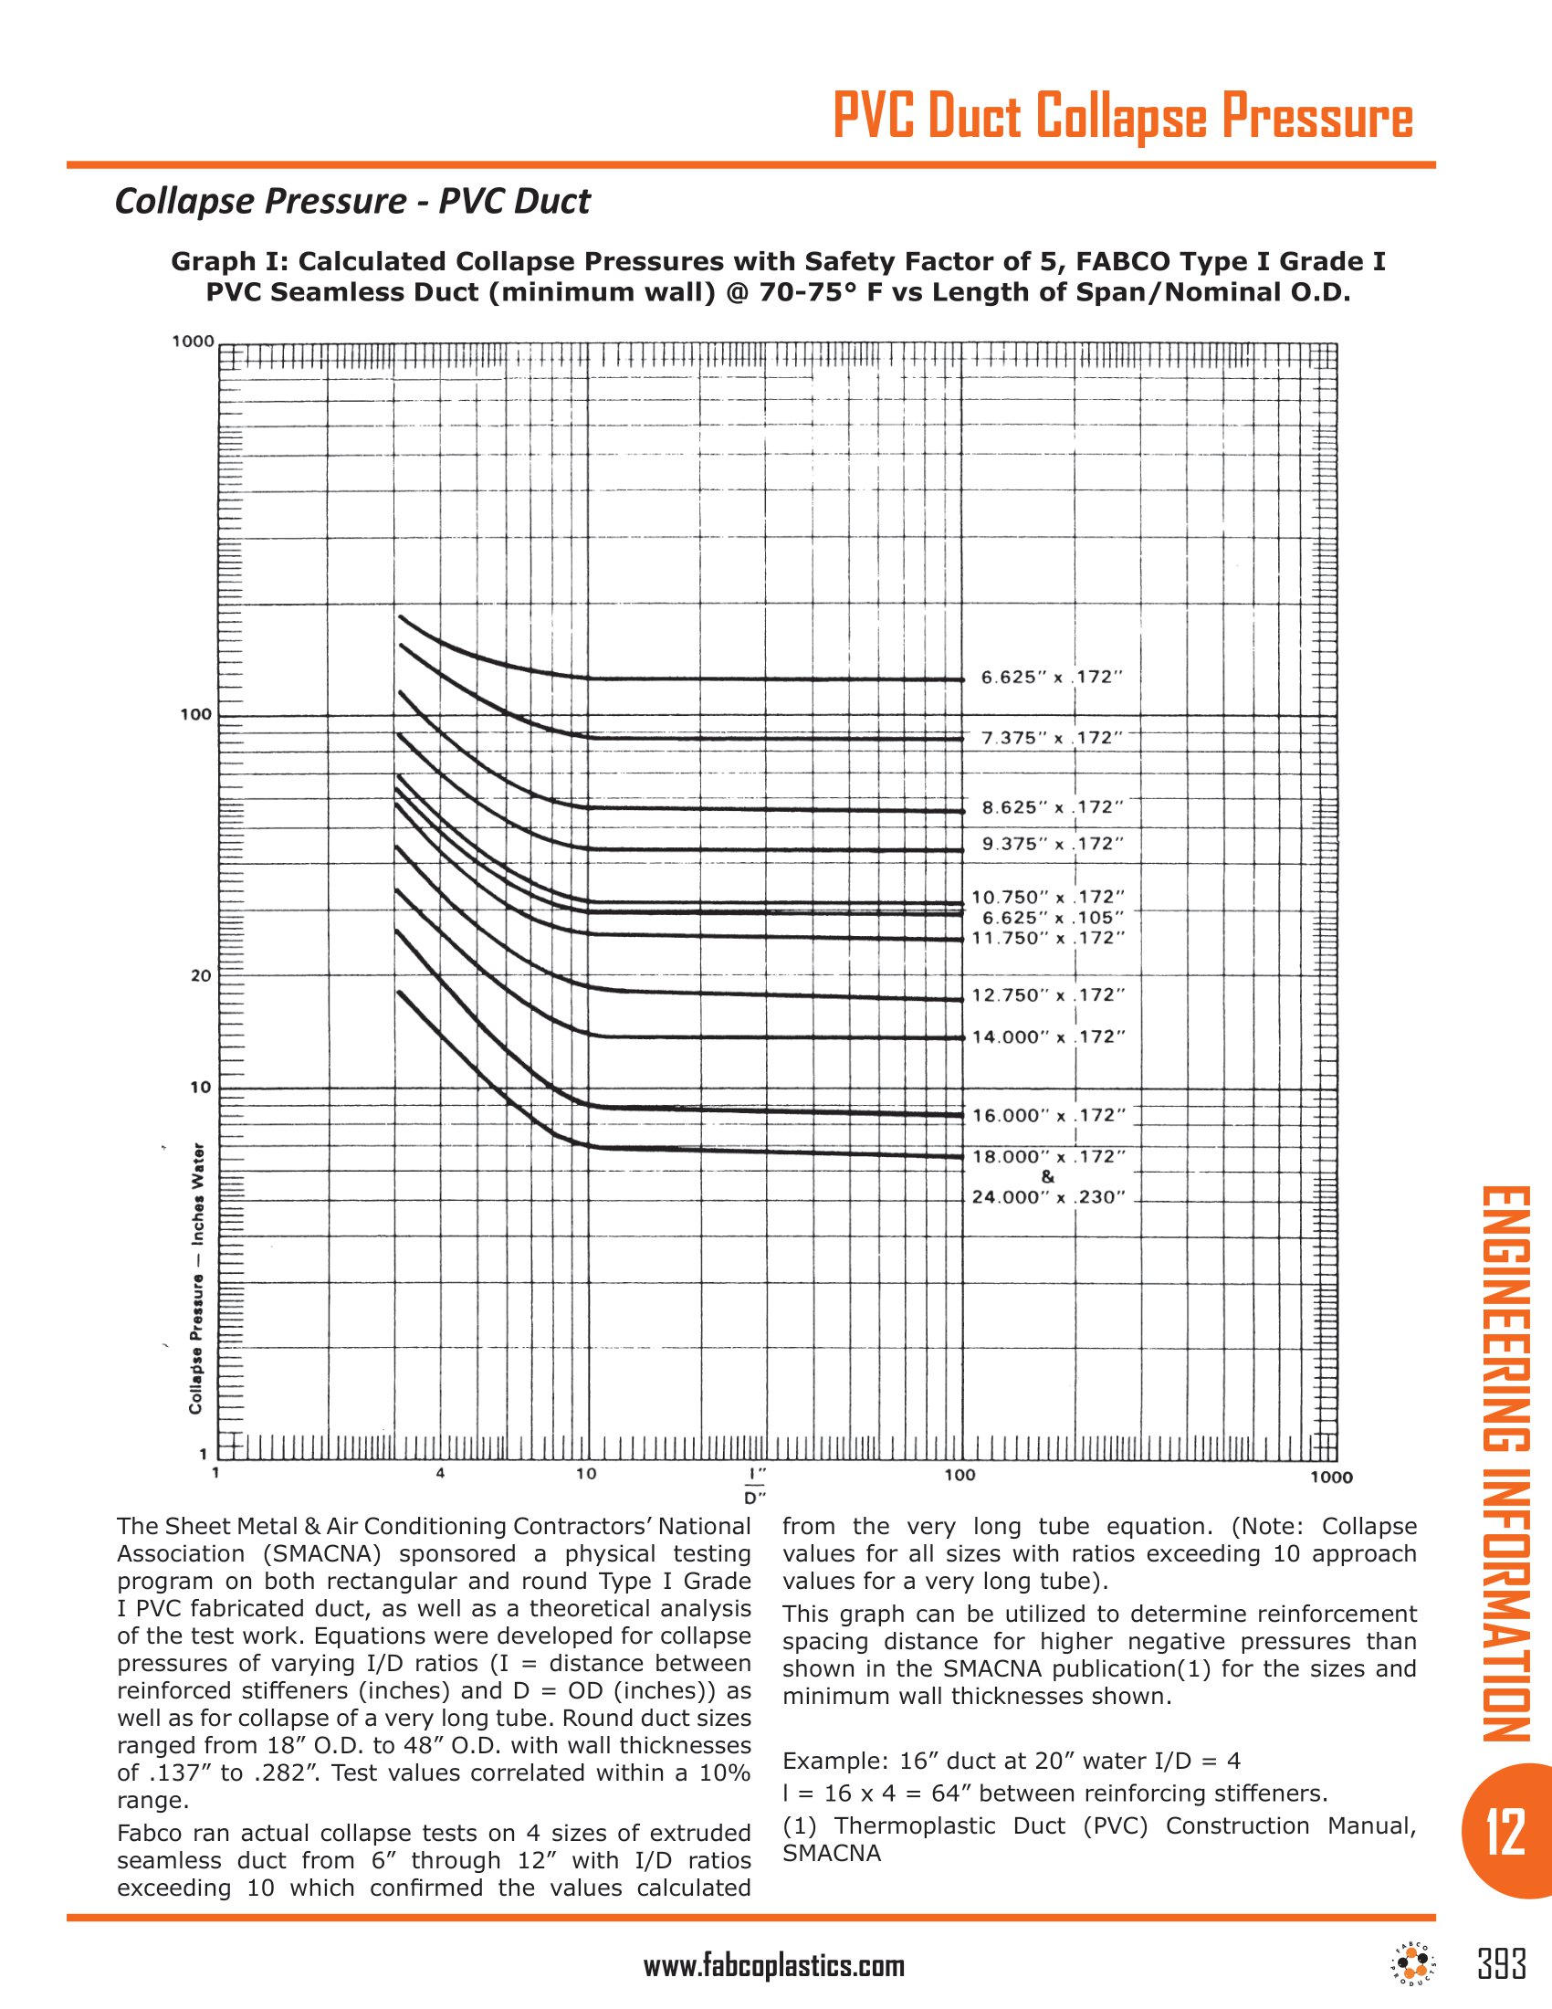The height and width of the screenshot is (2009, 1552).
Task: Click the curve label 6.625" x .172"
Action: point(1052,678)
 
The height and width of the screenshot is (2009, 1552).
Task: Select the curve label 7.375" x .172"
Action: point(1052,738)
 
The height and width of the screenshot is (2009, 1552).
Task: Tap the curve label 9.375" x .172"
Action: point(1053,844)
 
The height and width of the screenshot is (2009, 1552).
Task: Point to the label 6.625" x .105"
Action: point(1053,917)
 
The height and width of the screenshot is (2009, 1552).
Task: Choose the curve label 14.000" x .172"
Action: point(1049,1036)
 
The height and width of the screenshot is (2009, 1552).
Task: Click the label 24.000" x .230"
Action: point(1049,1197)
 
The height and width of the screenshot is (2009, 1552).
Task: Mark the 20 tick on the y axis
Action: point(201,976)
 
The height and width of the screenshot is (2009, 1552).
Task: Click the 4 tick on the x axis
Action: point(440,1473)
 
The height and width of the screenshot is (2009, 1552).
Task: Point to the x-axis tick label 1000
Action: point(1330,1477)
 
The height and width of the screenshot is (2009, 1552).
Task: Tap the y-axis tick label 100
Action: point(197,714)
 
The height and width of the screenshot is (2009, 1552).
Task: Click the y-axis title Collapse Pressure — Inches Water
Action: point(196,1278)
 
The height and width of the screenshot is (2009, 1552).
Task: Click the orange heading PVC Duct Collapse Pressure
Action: point(1123,118)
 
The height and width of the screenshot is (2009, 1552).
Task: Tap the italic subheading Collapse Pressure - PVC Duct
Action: point(352,201)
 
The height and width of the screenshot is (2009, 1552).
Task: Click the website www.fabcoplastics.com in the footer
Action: point(774,1966)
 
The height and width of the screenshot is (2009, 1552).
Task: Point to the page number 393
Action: point(1502,1964)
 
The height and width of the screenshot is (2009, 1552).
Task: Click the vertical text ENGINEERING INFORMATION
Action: point(1505,1463)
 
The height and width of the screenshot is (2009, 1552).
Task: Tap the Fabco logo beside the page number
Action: point(1413,1964)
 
